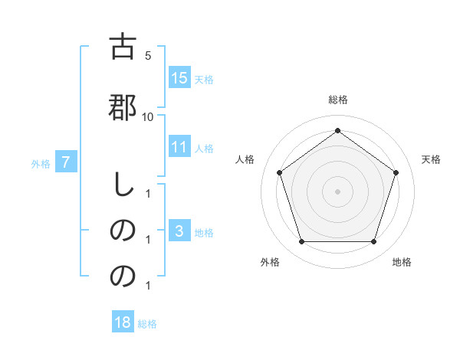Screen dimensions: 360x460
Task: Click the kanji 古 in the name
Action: point(123,47)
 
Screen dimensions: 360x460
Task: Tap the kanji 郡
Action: point(123,106)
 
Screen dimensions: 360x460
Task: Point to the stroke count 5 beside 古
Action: point(148,56)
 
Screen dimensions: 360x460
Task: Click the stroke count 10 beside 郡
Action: point(148,116)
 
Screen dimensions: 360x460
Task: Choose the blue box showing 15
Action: point(179,78)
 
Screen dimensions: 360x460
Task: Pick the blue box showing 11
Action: point(179,148)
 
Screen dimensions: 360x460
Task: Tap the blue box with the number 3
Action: point(179,231)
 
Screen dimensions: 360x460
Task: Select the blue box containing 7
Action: point(67,162)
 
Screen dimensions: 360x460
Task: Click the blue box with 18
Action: point(123,322)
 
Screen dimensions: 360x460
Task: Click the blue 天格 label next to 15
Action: point(204,79)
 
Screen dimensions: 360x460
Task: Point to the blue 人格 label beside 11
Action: point(204,149)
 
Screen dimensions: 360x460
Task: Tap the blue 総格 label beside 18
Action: point(147,323)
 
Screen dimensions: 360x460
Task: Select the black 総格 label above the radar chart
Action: point(338,100)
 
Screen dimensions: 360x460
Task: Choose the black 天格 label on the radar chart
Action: point(432,159)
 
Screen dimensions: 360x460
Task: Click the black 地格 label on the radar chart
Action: point(402,262)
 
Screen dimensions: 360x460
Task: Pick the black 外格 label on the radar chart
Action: point(270,262)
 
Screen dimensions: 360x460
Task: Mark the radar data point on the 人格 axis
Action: point(280,173)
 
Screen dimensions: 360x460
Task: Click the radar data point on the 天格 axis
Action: point(396,173)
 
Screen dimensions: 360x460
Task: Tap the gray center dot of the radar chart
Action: point(338,191)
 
